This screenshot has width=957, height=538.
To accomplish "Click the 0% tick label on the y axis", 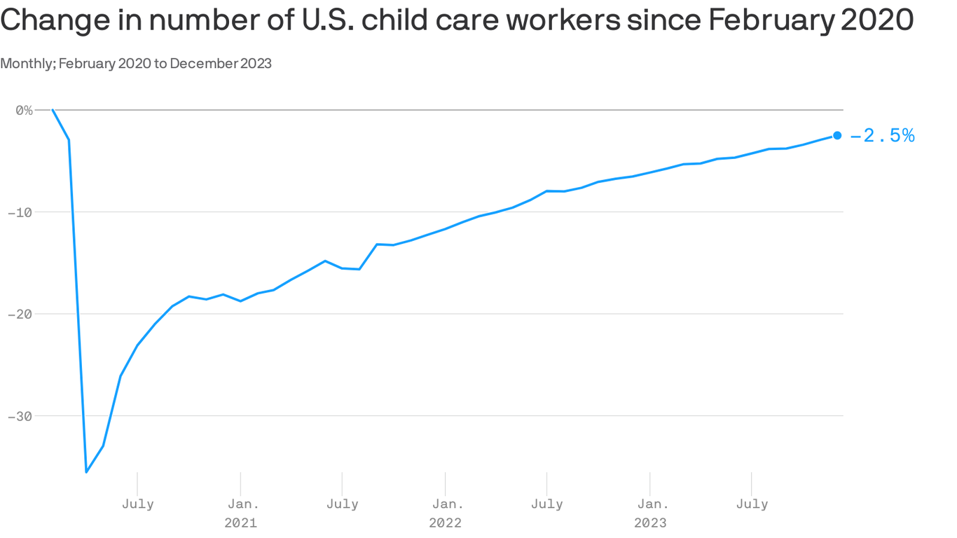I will pos(24,110).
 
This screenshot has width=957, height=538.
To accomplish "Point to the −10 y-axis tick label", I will pos(21,212).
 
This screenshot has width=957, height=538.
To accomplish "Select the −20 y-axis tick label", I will pos(21,314).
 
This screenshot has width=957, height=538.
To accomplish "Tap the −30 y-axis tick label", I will pos(21,416).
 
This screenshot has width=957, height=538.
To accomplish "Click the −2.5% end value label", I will pos(883,136).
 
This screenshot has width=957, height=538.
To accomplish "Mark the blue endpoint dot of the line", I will pos(837,135).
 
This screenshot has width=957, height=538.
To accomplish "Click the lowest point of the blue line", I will pos(86,471).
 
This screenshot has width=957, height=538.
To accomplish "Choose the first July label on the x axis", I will pos(137,504).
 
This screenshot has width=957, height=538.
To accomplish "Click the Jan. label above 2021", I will pos(240,504).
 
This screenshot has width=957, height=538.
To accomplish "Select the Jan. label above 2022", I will pos(446,504).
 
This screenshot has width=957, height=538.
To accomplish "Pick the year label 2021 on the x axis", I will pos(240,523).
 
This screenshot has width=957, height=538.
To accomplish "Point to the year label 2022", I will pos(446,523).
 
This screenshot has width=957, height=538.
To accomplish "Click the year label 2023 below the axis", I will pos(650,523).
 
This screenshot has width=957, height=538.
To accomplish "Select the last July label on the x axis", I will pos(752,504).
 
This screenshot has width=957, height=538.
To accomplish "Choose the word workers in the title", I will pos(563,21).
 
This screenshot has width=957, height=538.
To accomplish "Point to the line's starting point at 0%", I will pos(53,110).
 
